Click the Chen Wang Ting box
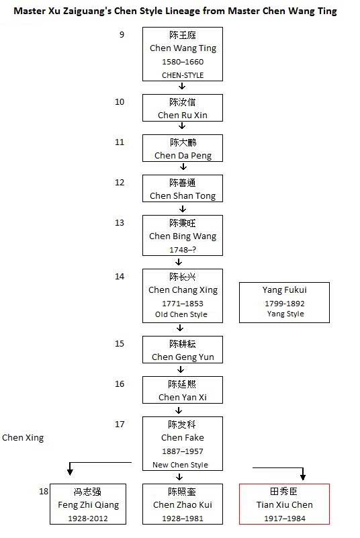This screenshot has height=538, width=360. click(x=183, y=54)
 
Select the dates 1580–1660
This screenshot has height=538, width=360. click(x=183, y=62)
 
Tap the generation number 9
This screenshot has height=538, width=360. click(x=122, y=35)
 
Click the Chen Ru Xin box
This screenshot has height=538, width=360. click(x=183, y=107)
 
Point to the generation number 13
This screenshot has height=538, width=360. click(x=120, y=223)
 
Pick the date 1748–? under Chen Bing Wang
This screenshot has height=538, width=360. click(x=183, y=250)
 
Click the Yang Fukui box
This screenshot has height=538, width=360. click(x=285, y=303)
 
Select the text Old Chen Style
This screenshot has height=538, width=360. click(x=181, y=314)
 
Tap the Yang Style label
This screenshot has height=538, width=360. click(x=285, y=314)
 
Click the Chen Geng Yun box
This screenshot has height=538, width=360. click(x=183, y=350)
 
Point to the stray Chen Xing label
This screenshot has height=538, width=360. click(x=23, y=438)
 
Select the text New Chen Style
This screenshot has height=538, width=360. click(x=180, y=465)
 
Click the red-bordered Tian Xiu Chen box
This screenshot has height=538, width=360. click(x=285, y=504)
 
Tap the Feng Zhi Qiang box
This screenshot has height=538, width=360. click(x=88, y=504)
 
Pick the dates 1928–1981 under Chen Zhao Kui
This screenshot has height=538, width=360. click(x=183, y=519)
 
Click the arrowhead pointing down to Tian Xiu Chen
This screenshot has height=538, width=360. click(x=303, y=476)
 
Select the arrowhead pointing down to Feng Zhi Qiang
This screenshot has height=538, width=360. click(x=70, y=472)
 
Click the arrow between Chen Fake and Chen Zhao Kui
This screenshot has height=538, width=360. click(x=179, y=477)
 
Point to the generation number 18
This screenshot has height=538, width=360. click(x=44, y=492)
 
